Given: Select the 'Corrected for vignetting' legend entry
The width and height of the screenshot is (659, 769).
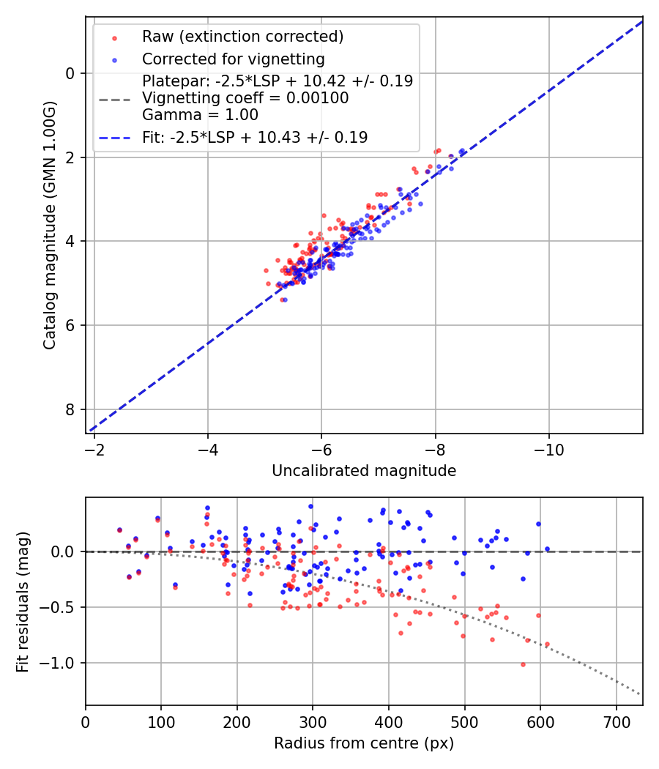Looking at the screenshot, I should pyautogui.click(x=233, y=59).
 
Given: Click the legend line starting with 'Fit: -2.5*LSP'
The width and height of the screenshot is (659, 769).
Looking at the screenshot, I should pyautogui.click(x=255, y=137).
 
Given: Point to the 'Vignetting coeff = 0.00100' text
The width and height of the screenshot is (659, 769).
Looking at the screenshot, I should pyautogui.click(x=245, y=97).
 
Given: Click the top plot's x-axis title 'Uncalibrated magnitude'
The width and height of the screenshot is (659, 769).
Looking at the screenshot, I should pyautogui.click(x=364, y=471).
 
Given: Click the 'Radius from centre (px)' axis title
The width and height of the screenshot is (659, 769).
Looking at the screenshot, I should pyautogui.click(x=364, y=743).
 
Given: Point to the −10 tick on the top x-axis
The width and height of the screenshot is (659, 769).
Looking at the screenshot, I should pyautogui.click(x=549, y=449).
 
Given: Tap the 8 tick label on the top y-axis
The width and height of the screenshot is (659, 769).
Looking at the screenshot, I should pyautogui.click(x=70, y=409).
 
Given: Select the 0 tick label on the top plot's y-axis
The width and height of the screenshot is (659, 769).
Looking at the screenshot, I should pyautogui.click(x=70, y=73).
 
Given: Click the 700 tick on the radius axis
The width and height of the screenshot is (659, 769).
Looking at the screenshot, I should pyautogui.click(x=616, y=721).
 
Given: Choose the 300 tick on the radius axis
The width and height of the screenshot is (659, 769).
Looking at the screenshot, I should pyautogui.click(x=313, y=721).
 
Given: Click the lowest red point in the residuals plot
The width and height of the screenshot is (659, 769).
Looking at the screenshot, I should pyautogui.click(x=523, y=664).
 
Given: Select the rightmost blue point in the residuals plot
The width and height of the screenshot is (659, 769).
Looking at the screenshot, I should pyautogui.click(x=547, y=549).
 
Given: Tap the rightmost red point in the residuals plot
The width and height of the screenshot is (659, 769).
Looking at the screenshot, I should pyautogui.click(x=547, y=644).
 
